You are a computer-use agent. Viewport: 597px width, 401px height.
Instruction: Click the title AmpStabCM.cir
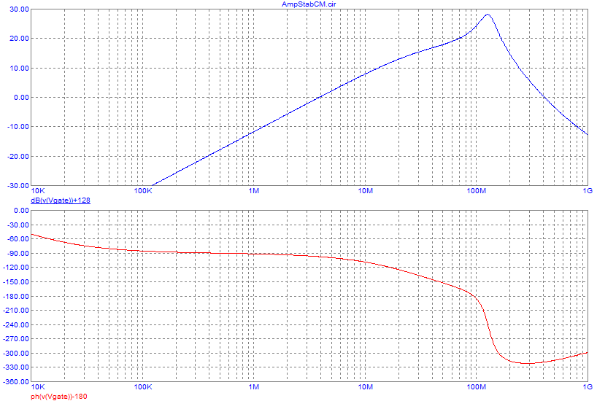tap(309, 4)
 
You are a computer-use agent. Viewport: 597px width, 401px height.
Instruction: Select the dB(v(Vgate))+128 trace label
tap(60, 200)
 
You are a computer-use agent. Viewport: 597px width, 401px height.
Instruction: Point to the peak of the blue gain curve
tap(487, 15)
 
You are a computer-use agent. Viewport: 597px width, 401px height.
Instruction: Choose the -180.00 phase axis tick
tap(15, 296)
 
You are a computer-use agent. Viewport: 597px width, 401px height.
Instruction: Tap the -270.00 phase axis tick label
tap(15, 339)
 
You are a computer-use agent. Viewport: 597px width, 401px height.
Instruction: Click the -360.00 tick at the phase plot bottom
tap(15, 382)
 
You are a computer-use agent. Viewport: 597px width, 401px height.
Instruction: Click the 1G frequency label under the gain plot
tap(588, 192)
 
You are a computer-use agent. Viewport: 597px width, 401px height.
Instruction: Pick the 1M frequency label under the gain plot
tap(254, 192)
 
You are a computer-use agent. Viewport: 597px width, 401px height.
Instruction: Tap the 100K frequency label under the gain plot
tap(142, 192)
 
